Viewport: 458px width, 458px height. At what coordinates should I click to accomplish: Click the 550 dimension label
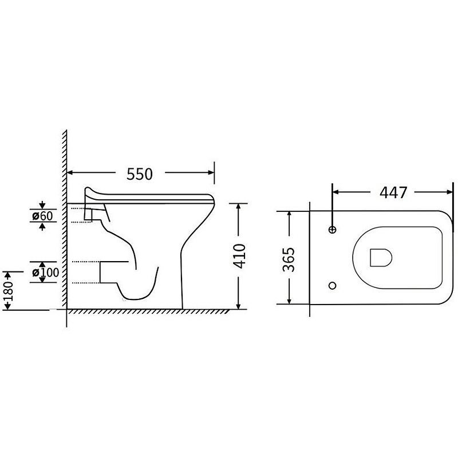point(140,174)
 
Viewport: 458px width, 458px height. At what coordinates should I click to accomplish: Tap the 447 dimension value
point(393,192)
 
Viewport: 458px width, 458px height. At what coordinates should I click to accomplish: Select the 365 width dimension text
point(289,259)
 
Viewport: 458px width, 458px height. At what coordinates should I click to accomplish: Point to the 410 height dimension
point(239,256)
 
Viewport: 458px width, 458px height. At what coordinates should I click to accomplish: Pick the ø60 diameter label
point(42,216)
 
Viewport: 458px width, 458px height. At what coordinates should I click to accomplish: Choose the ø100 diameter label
point(46,273)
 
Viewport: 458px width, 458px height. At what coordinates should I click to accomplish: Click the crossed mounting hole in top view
point(333,230)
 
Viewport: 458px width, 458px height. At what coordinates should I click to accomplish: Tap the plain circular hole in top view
point(333,285)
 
